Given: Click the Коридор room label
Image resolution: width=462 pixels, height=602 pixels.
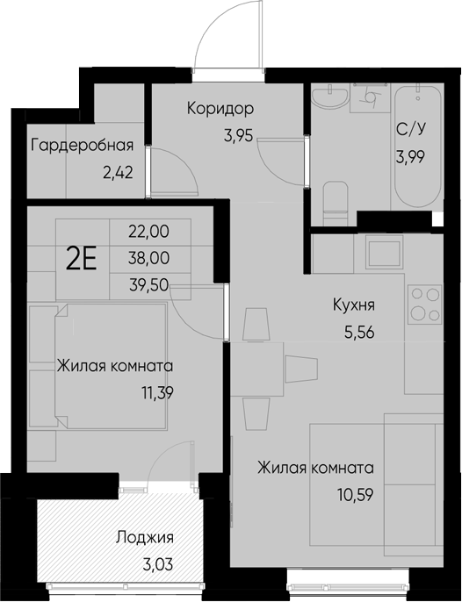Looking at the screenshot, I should (x=220, y=110).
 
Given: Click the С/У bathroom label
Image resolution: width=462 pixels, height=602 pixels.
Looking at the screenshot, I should (x=411, y=130).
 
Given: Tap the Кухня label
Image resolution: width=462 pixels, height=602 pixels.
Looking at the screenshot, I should (x=355, y=305).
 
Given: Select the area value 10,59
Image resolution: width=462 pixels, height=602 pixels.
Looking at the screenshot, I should (x=354, y=493).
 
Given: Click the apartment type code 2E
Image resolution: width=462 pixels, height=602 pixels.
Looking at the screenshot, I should (x=82, y=257).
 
